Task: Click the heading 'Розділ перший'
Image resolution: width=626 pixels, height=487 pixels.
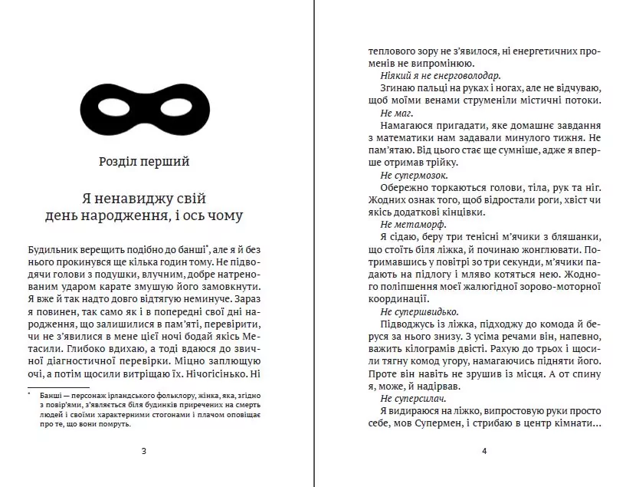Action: [144, 162]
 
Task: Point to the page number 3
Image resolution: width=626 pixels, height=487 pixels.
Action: [144, 450]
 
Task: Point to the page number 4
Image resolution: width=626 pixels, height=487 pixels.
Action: [484, 450]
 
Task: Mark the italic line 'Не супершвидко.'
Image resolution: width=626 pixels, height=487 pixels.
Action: [418, 311]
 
